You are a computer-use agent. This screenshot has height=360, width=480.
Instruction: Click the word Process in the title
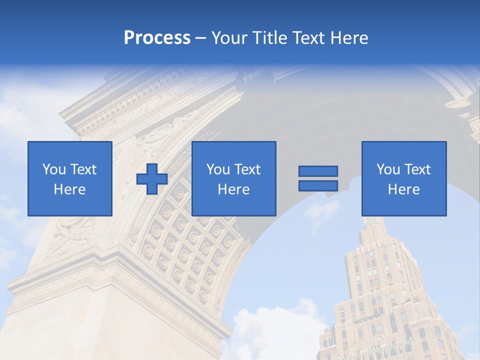click(x=157, y=38)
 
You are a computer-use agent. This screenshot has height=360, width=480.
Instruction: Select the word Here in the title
click(x=349, y=38)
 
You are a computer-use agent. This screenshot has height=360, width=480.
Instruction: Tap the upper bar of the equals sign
click(x=318, y=171)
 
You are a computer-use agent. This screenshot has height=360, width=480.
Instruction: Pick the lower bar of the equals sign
click(x=318, y=185)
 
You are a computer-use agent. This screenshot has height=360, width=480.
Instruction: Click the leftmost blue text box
click(x=70, y=178)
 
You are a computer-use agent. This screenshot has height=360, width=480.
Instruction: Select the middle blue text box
click(x=233, y=178)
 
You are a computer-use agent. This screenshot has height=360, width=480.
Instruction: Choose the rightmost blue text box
click(x=403, y=178)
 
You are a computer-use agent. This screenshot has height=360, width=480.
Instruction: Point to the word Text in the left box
click(x=83, y=169)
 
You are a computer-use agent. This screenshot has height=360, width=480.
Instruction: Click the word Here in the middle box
click(x=233, y=189)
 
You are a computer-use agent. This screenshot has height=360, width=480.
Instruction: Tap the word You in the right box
click(x=388, y=169)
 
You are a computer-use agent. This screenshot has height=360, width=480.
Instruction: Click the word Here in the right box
click(x=403, y=189)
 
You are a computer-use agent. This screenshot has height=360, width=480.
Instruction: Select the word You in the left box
click(x=54, y=169)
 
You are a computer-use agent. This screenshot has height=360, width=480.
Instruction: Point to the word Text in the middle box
click(x=247, y=169)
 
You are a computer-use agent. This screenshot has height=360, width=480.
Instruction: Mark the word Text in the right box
click(x=417, y=169)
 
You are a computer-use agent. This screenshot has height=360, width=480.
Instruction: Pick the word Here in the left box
click(x=70, y=189)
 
